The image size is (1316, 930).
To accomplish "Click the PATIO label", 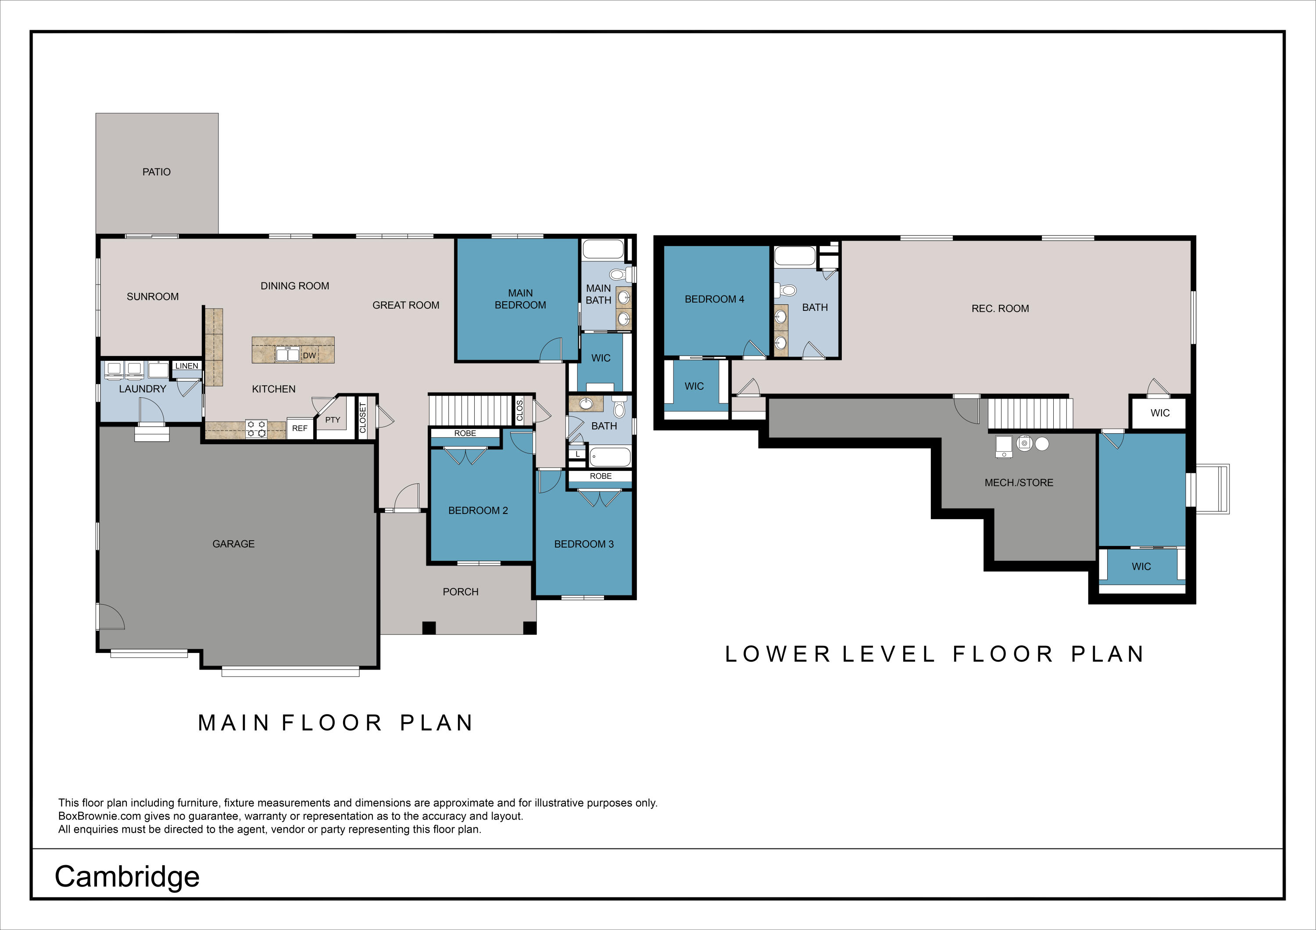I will point(157,172).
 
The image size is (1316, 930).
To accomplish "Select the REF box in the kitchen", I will point(300,428).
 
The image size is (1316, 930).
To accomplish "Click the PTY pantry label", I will point(333,420).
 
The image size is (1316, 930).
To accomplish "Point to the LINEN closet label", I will point(187,366).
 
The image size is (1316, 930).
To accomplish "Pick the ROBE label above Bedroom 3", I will point(600,476).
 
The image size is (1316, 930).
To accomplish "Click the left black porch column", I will point(429,627).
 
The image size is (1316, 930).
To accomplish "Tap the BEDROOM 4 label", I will point(714,299).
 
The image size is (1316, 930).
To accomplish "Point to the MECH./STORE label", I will point(1019,482).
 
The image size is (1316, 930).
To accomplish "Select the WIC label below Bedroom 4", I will point(694,386).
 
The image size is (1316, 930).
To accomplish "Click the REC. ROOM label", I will point(1000,308).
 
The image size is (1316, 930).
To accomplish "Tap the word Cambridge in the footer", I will point(127,876).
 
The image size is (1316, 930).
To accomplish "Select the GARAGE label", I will point(233,544).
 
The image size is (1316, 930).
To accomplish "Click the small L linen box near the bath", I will point(578,454).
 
